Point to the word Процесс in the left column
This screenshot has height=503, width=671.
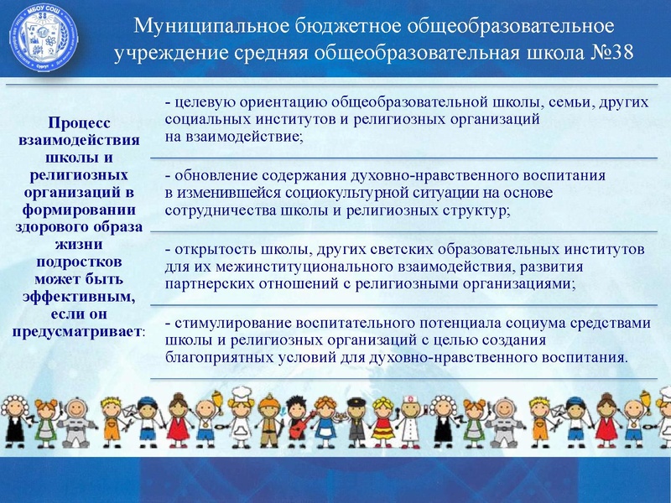[x=79, y=125]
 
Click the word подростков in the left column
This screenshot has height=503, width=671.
[x=79, y=262]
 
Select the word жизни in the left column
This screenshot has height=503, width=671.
[x=79, y=244]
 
